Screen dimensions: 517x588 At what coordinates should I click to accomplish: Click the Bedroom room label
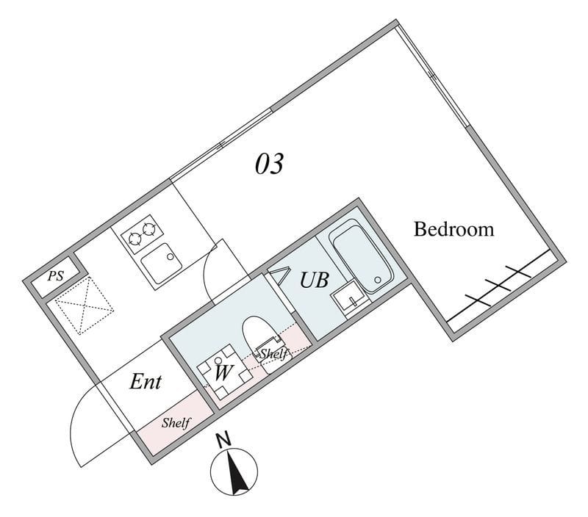pyautogui.click(x=453, y=229)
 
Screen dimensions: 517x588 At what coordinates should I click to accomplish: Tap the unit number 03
pyautogui.click(x=269, y=164)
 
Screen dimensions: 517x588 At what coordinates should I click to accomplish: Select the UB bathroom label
pyautogui.click(x=313, y=281)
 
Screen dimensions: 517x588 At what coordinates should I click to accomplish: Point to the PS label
pyautogui.click(x=55, y=277)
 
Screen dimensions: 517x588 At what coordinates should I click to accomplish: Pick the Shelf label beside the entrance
pyautogui.click(x=176, y=423)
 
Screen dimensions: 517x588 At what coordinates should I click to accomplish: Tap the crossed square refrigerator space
pyautogui.click(x=82, y=306)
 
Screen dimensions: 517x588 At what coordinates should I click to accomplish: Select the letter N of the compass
pyautogui.click(x=223, y=441)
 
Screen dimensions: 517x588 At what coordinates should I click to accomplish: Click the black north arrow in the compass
pyautogui.click(x=238, y=474)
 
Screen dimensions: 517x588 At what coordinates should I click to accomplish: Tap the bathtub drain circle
pyautogui.click(x=379, y=280)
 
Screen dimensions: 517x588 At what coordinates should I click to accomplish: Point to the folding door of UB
pyautogui.click(x=277, y=278)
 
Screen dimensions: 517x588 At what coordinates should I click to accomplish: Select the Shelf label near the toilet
pyautogui.click(x=273, y=355)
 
